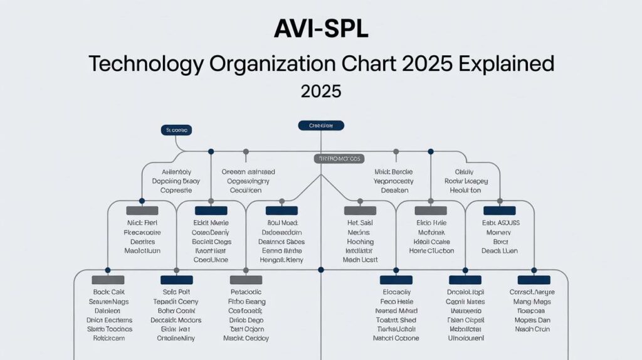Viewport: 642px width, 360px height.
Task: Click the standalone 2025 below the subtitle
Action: point(321,92)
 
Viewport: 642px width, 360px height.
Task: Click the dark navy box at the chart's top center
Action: point(321,125)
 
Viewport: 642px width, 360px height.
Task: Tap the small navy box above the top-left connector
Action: point(177,130)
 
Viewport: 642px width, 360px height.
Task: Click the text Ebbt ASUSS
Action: point(500,223)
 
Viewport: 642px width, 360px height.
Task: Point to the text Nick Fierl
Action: point(142,223)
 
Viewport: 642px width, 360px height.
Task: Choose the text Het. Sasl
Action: point(360,223)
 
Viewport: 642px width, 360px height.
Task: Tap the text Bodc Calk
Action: point(109,292)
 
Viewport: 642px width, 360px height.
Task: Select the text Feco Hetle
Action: point(396,301)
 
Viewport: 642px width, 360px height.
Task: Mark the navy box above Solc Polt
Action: point(177,280)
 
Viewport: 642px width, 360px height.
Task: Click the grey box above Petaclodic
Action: point(246,280)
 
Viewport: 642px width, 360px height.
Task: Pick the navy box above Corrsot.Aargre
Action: point(534,280)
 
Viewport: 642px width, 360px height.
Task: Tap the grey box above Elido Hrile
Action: point(431,211)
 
